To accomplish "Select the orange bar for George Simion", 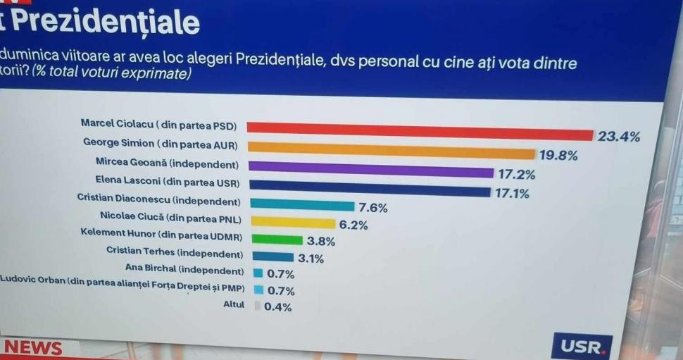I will coord(391,151).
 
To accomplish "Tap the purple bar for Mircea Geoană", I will coord(371,170).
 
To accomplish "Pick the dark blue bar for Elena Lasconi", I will coord(369,189).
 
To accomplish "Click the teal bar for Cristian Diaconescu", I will coord(302,206).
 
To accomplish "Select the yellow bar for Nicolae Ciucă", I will coord(292,223).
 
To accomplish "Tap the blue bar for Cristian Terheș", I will coord(272,257).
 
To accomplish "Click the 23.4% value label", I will coord(619,137).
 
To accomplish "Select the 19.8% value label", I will coord(558,156).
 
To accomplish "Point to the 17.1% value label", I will coord(512,193).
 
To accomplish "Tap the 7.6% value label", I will coord(373,208).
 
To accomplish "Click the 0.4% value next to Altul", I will coord(277,306).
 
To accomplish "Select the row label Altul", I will coord(233,304).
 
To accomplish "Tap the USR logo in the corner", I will coord(582,347).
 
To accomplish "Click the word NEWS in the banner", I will coord(33,348).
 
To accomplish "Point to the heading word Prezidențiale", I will coord(106,23).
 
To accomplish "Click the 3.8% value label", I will coord(321,241).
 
